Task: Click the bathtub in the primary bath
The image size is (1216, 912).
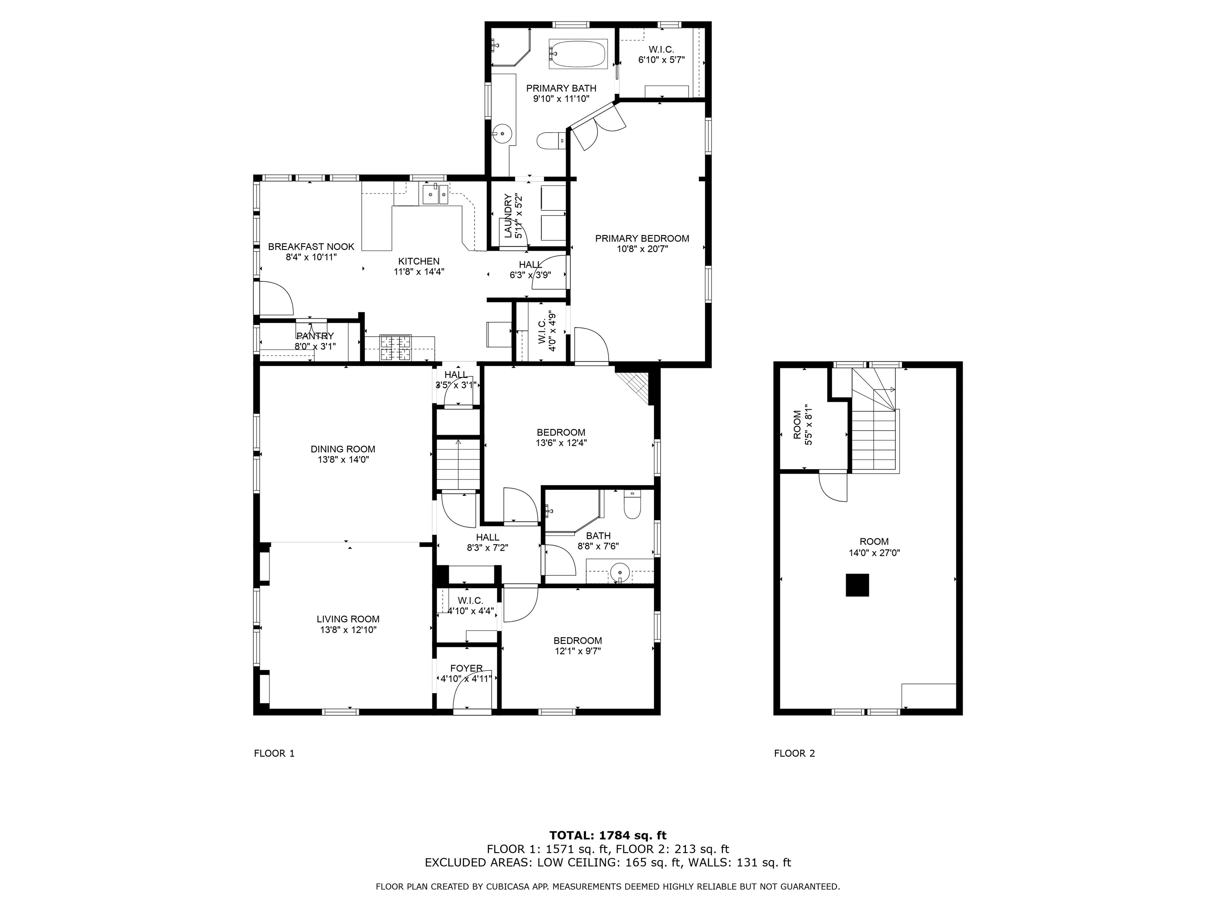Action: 578,54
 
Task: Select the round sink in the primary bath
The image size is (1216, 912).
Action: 502,133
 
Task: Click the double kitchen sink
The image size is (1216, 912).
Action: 435,195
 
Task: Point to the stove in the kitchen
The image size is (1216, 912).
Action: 395,348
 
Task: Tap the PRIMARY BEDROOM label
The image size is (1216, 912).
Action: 642,239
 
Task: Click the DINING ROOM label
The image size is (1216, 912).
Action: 342,449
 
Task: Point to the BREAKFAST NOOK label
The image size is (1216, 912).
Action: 311,247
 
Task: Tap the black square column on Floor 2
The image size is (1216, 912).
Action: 857,585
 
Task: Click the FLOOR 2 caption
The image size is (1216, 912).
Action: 794,753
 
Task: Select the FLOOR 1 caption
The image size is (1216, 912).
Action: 274,753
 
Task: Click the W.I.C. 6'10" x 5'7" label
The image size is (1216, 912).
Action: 661,54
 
